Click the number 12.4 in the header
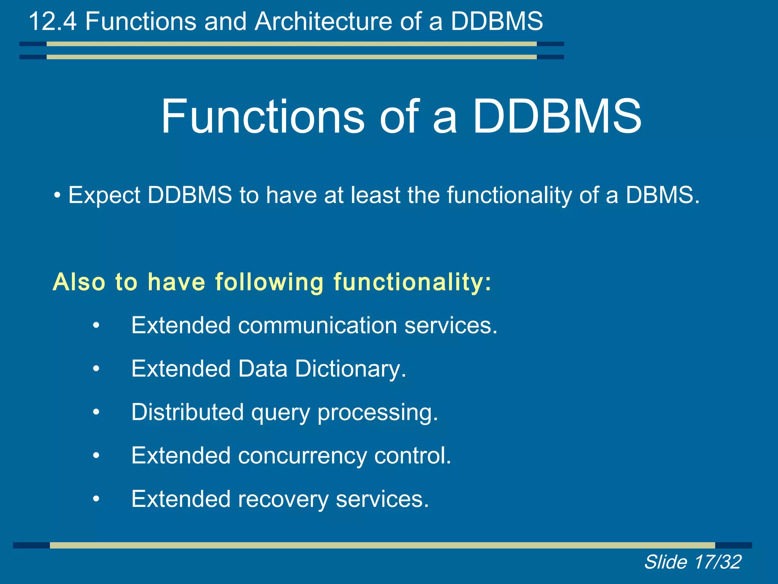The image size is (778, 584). [x=52, y=21]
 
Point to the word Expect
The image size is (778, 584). [x=104, y=195]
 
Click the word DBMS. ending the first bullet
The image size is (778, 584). [x=662, y=195]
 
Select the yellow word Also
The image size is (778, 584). [x=79, y=282]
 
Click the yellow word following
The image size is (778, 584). [x=269, y=282]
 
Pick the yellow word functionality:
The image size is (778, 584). [x=413, y=282]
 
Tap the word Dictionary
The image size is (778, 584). [x=351, y=369]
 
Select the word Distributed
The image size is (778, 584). [x=187, y=412]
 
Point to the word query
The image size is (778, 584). [x=280, y=413]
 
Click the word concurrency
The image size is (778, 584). [x=302, y=455]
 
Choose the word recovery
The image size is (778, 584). [x=283, y=499]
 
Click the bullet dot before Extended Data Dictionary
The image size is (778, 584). [x=96, y=369]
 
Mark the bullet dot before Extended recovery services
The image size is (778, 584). [x=96, y=499]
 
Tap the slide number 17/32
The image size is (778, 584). [x=717, y=562]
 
